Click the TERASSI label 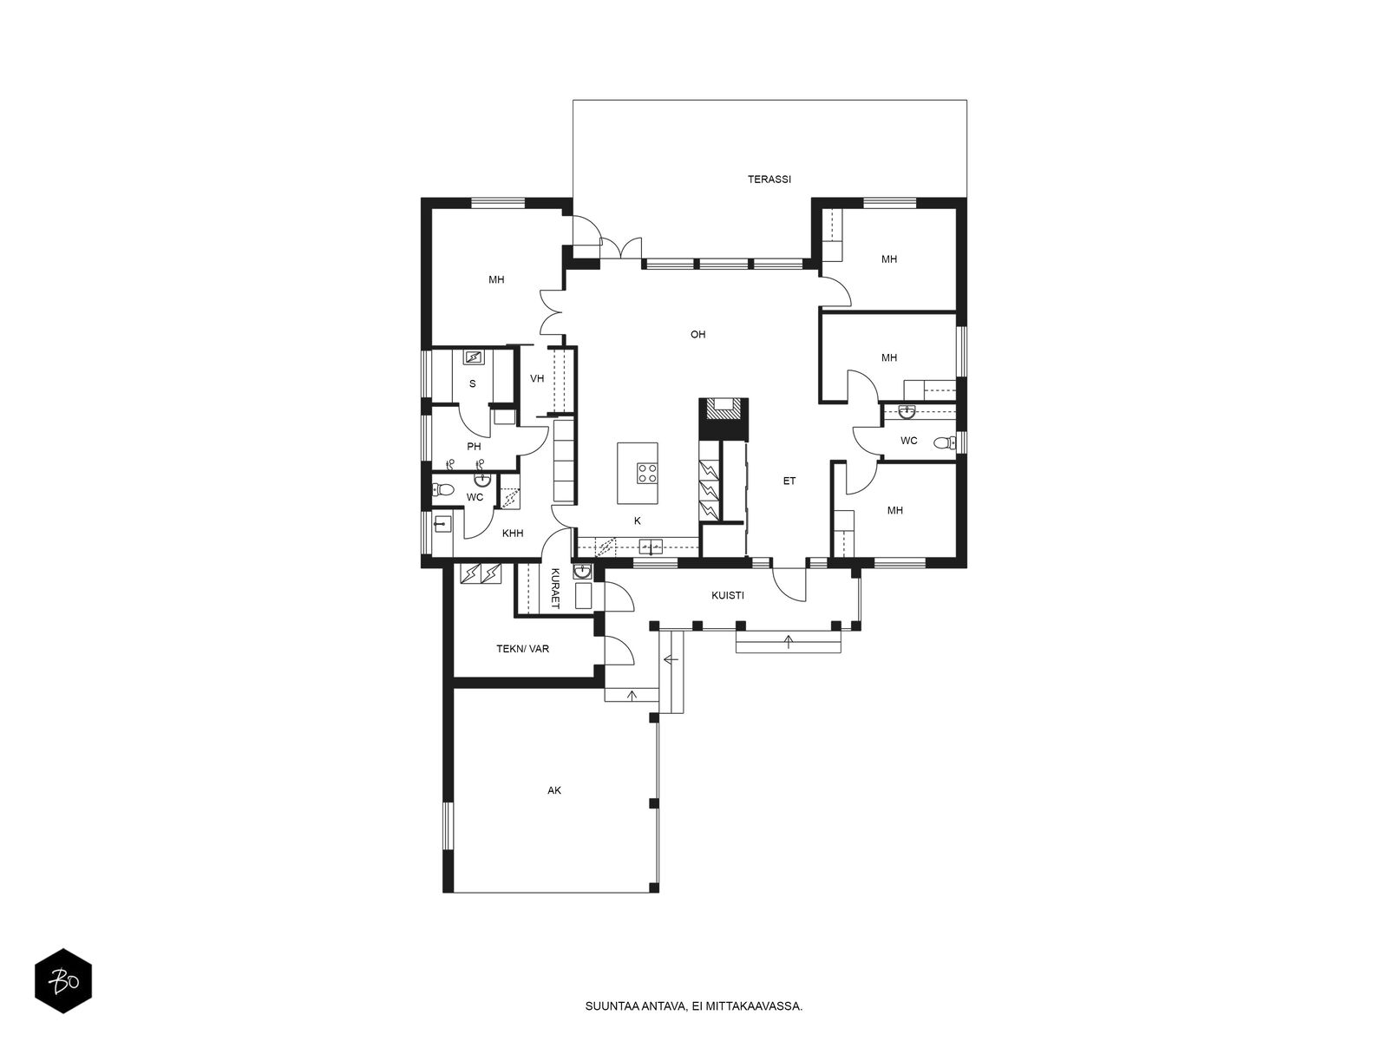coord(769,180)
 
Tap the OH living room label coord(697,334)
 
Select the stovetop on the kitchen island coord(647,474)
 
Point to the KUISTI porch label coord(727,595)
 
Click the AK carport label coord(554,790)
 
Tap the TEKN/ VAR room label coord(522,649)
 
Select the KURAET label coord(555,588)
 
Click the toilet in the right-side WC coord(945,442)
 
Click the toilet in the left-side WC coord(442,489)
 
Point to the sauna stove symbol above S coord(473,357)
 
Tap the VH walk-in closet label coord(537,378)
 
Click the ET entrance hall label coord(789,481)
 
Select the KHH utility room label coord(512,534)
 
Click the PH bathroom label coord(474,447)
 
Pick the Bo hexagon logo coord(63,981)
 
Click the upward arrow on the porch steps coord(789,642)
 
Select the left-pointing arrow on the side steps coord(671,660)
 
